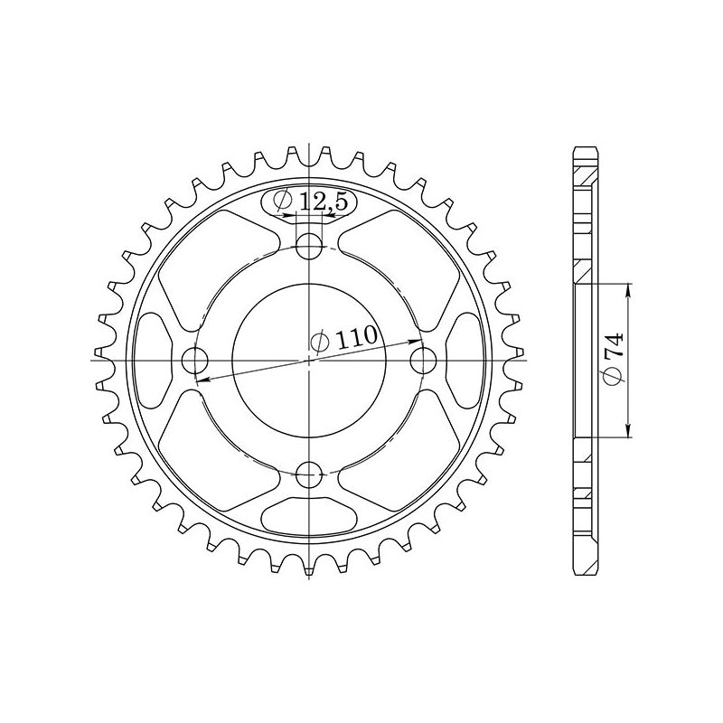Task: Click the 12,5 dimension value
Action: pos(323,204)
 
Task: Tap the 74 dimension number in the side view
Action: pos(613,347)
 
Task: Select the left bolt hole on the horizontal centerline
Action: pos(194,361)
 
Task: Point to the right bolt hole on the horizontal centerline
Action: pos(422,361)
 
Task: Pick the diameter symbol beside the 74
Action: pos(614,379)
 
